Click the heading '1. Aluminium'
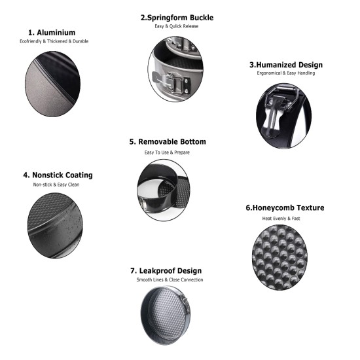click(x=52, y=33)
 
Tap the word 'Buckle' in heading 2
click(x=202, y=18)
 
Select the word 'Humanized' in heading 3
click(x=273, y=65)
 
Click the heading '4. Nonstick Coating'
click(x=58, y=175)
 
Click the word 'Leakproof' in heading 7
click(x=154, y=271)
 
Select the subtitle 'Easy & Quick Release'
click(x=176, y=26)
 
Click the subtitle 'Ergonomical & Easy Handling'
click(x=286, y=73)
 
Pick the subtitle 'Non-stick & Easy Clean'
click(x=56, y=185)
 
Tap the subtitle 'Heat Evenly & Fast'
click(x=281, y=219)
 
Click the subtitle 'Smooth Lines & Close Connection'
click(x=170, y=279)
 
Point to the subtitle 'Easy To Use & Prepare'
click(x=167, y=153)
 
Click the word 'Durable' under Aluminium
click(x=81, y=41)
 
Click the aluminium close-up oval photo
click(x=53, y=84)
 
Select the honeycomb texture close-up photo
click(x=279, y=257)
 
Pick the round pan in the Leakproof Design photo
click(x=166, y=315)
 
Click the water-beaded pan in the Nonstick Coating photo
click(x=55, y=225)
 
